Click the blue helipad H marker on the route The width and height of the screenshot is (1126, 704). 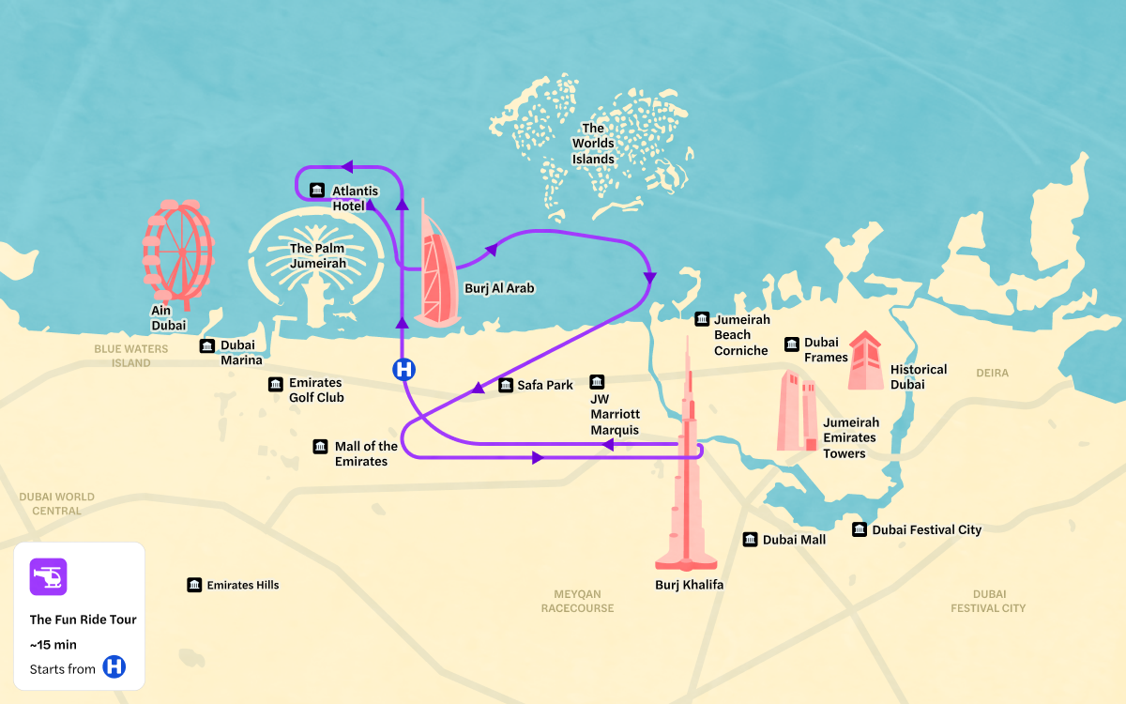(x=403, y=369)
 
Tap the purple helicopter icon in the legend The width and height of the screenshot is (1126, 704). (x=48, y=576)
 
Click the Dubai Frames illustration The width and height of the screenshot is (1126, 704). (x=864, y=361)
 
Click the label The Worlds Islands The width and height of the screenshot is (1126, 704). (x=593, y=144)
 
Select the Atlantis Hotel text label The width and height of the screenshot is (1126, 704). (x=355, y=198)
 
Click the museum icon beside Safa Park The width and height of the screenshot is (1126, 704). (x=506, y=385)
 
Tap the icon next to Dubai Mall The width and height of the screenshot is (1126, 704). (x=751, y=540)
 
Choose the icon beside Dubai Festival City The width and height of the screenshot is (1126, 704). (x=860, y=529)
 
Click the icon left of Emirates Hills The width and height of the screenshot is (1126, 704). (x=194, y=585)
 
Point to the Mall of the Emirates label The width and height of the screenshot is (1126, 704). (x=366, y=453)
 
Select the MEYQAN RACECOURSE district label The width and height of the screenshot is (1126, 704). (x=577, y=601)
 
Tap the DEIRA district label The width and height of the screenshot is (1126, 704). (x=992, y=373)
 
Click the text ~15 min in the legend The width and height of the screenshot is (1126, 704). (x=53, y=644)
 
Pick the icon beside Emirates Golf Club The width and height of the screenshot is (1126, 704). (x=276, y=384)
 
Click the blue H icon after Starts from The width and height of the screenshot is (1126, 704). (x=114, y=667)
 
